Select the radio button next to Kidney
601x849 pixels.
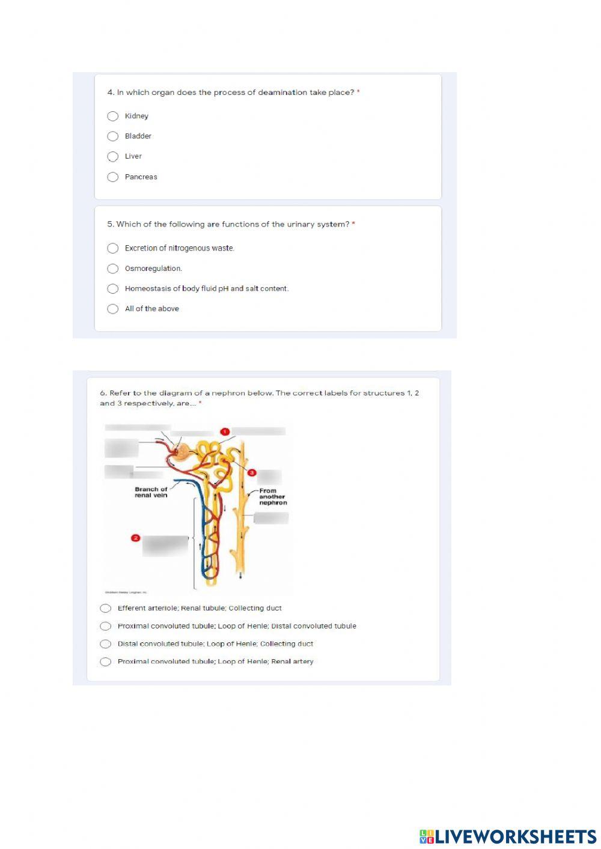point(112,116)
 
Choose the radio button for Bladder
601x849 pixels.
point(112,136)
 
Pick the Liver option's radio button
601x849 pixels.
point(112,157)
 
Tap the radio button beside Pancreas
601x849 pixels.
point(112,177)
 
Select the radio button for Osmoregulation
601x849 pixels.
point(112,269)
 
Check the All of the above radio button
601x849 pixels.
point(112,309)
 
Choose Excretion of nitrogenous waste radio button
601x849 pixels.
point(112,248)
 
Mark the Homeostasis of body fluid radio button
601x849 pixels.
point(112,289)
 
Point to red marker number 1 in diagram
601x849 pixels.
point(225,431)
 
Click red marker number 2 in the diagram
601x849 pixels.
point(135,538)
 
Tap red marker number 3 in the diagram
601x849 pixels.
point(252,473)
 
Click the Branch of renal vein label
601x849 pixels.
point(151,492)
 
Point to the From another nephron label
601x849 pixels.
point(273,497)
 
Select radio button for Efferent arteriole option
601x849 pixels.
point(106,608)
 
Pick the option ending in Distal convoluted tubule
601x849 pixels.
point(106,626)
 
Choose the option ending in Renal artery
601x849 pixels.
point(106,662)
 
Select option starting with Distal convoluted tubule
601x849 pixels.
point(106,644)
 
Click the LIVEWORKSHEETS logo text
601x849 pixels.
point(508,836)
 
